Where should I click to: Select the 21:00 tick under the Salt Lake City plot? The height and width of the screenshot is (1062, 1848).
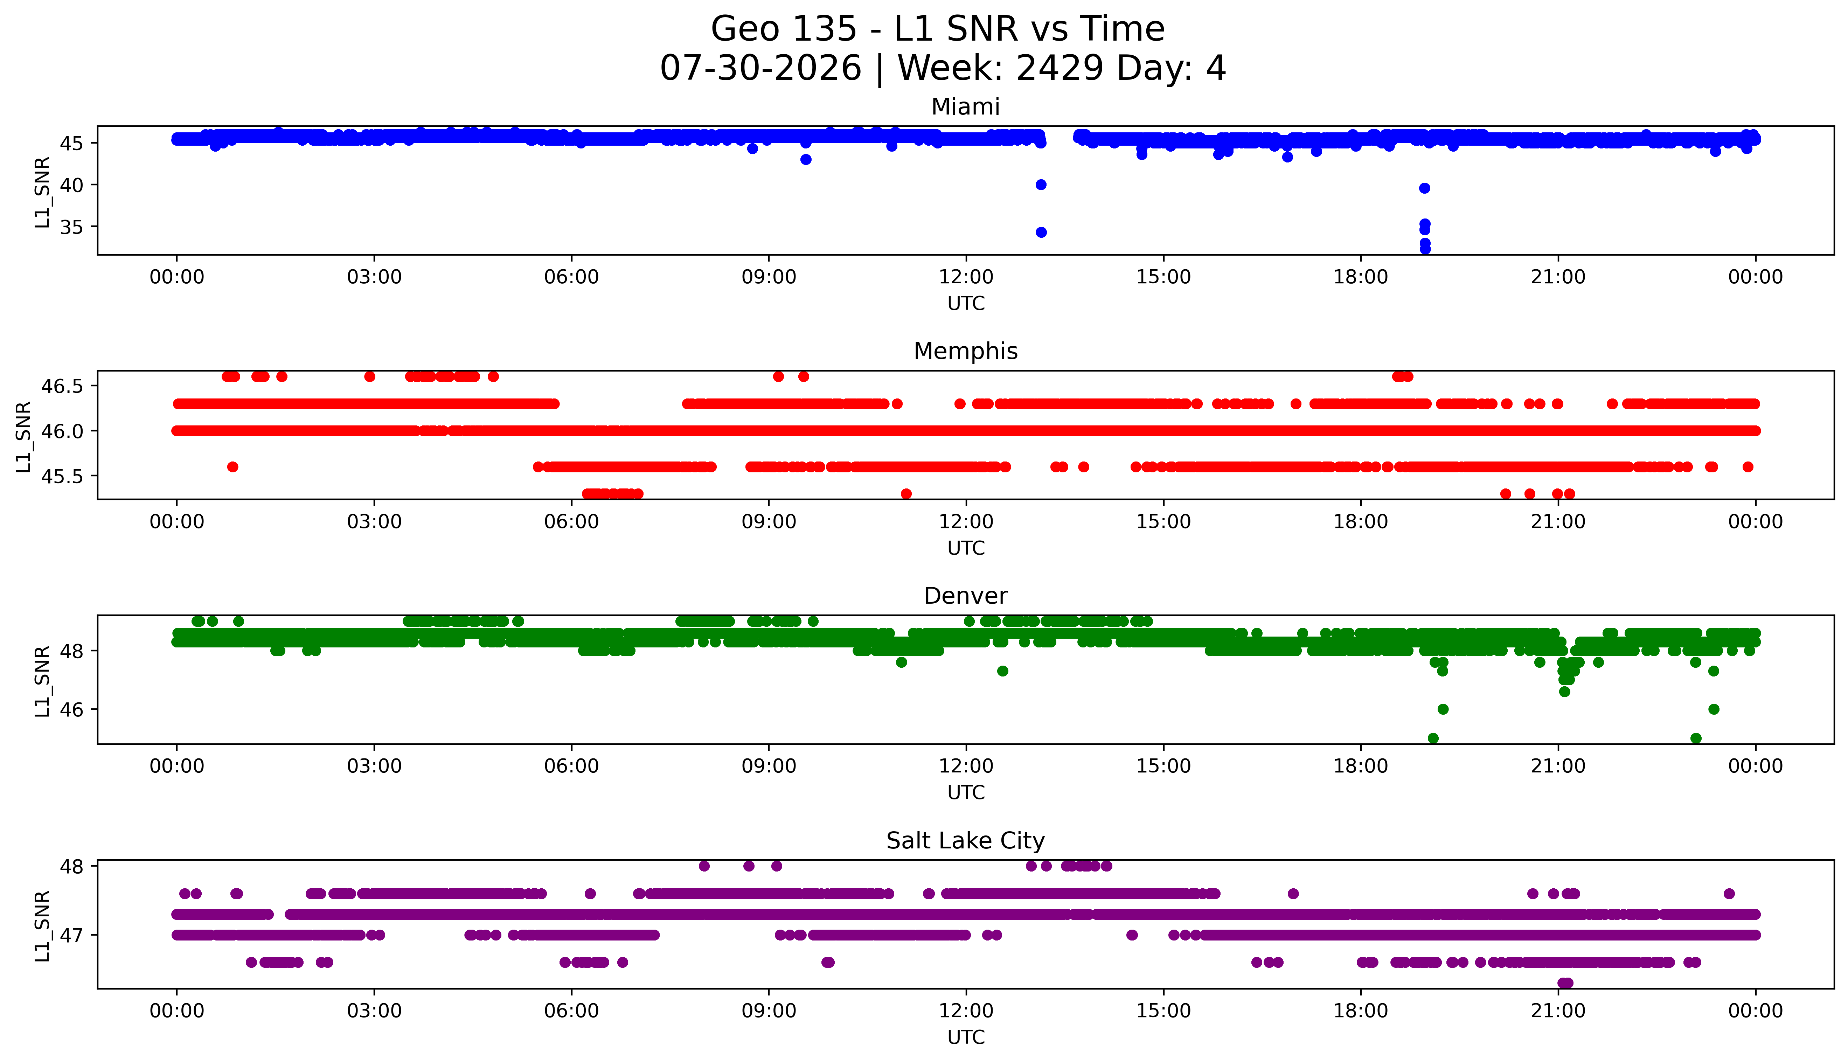point(1558,1011)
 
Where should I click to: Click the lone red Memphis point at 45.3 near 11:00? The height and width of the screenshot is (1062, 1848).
point(906,494)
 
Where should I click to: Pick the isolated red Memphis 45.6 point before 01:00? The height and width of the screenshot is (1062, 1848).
point(232,467)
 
